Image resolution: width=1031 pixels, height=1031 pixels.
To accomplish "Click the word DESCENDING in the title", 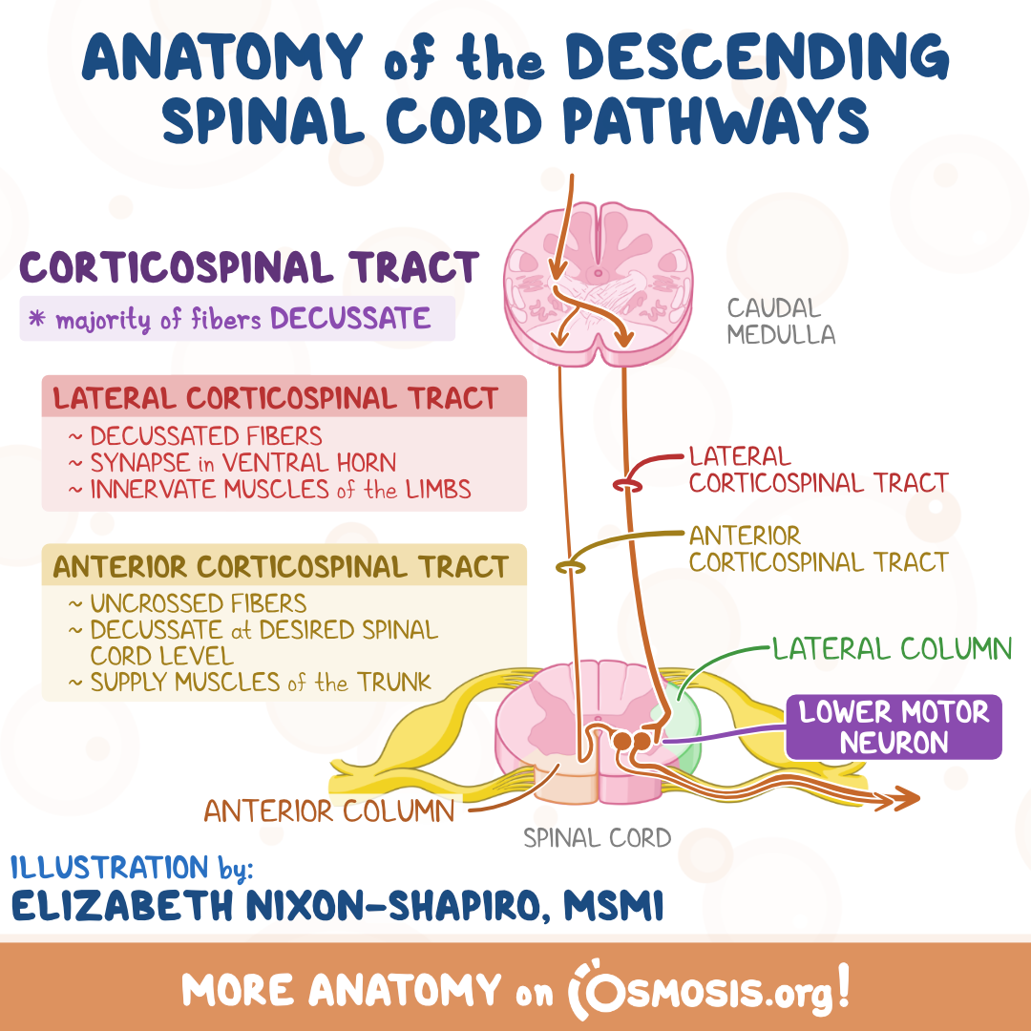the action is pos(757,56).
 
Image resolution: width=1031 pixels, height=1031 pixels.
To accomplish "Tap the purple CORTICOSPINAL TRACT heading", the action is pos(249,267).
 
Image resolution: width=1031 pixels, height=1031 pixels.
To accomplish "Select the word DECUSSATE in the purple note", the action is pos(350,318).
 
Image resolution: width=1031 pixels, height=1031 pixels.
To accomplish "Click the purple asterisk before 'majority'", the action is pos(37,319).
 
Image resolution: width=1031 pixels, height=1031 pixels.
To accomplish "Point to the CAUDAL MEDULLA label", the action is pos(781,321).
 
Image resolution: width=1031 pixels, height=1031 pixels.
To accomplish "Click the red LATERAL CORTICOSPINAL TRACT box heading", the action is pos(276,398).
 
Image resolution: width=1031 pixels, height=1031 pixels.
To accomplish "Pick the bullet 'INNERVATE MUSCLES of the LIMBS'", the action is pos(269,489).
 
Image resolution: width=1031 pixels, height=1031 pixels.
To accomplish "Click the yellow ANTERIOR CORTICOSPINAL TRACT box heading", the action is pos(281,567).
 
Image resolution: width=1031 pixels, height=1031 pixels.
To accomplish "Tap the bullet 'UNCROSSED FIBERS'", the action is pos(187,603).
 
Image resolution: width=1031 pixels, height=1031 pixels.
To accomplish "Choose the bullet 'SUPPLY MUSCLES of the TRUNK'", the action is pos(250,682).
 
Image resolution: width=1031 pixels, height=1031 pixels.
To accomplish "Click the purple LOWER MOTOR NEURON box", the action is pos(894,727).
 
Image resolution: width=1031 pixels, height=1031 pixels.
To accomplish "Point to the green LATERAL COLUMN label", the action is pos(892,649).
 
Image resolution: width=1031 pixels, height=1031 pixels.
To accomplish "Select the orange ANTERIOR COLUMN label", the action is pos(328,810).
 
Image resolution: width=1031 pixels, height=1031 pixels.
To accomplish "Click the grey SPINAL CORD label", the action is pos(597,838).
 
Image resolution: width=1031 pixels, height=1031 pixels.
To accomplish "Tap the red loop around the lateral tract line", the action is pos(627,486).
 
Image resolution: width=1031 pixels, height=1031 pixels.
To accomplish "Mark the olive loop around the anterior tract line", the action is pos(570,566).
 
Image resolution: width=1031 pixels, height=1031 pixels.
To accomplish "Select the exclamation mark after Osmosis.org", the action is pos(843,985).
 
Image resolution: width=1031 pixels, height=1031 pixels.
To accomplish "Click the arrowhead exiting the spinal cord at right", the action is pos(905,797).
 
